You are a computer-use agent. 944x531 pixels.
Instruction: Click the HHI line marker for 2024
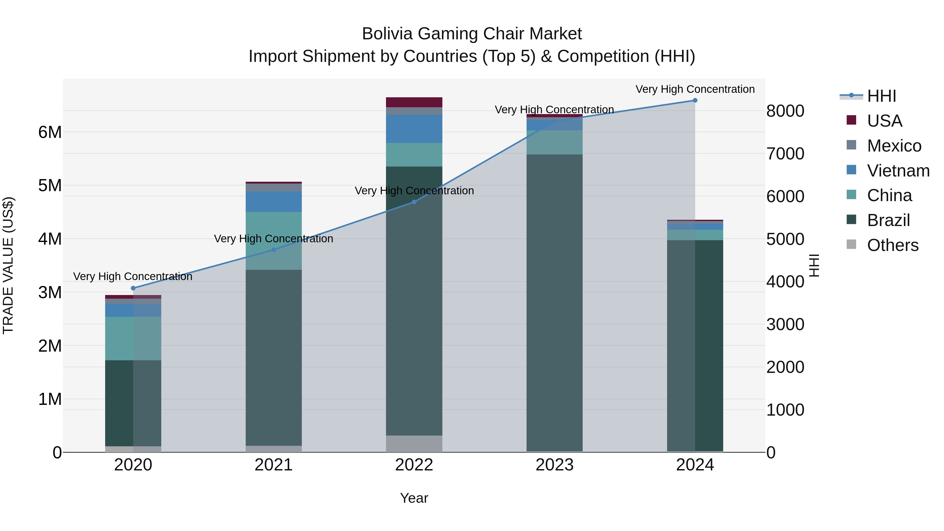tap(695, 100)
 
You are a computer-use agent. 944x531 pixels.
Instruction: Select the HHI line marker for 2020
tap(133, 288)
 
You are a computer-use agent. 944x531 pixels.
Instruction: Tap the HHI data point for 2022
tap(414, 202)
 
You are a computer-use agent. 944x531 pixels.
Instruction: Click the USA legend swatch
tap(851, 120)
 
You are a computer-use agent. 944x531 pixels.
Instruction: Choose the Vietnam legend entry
tap(898, 171)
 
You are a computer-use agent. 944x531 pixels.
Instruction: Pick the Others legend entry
tap(892, 245)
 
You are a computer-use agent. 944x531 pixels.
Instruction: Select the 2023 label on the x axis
tap(554, 465)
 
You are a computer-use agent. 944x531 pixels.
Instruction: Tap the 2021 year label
tap(273, 465)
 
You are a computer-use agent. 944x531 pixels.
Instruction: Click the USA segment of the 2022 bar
tap(414, 102)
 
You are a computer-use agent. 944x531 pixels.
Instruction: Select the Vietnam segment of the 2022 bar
tap(414, 129)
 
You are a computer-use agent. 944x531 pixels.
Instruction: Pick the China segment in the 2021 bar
tap(273, 241)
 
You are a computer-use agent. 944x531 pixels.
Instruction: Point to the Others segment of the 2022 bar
tap(414, 443)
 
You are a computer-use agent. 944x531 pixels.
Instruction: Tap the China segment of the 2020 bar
tap(133, 338)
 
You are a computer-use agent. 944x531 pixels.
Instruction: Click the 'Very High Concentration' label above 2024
tap(695, 89)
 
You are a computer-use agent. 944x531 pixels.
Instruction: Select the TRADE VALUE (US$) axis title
tap(8, 265)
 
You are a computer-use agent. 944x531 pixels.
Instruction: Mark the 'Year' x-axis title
tap(414, 498)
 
